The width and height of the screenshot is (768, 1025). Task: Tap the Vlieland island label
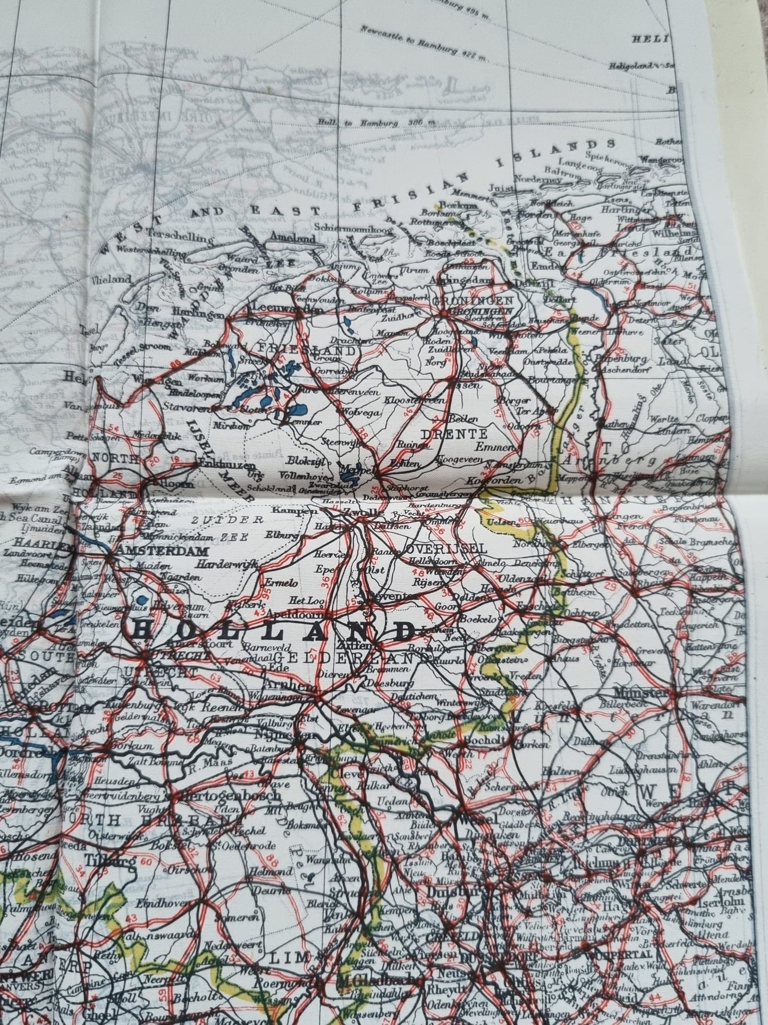111,278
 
